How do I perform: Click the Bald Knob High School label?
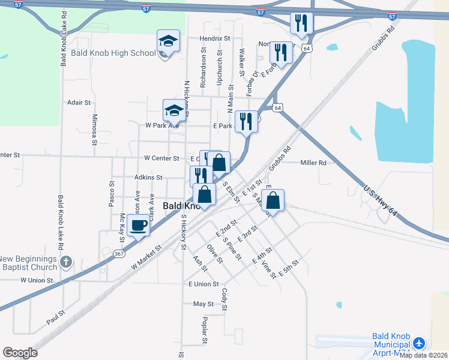pyautogui.click(x=113, y=53)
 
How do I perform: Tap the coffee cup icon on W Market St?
pyautogui.click(x=139, y=226)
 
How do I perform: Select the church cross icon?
pyautogui.click(x=67, y=262)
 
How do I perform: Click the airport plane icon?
pyautogui.click(x=419, y=343)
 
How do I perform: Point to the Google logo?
pyautogui.click(x=20, y=353)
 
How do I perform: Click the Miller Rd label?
pyautogui.click(x=313, y=163)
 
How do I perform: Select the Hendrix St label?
pyautogui.click(x=215, y=38)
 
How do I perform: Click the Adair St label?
pyautogui.click(x=79, y=103)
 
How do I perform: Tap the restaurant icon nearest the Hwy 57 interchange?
pyautogui.click(x=300, y=23)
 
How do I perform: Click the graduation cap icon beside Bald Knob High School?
pyautogui.click(x=169, y=41)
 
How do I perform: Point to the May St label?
pyautogui.click(x=200, y=304)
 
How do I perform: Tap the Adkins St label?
pyautogui.click(x=148, y=178)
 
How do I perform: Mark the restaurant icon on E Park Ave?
pyautogui.click(x=246, y=122)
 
